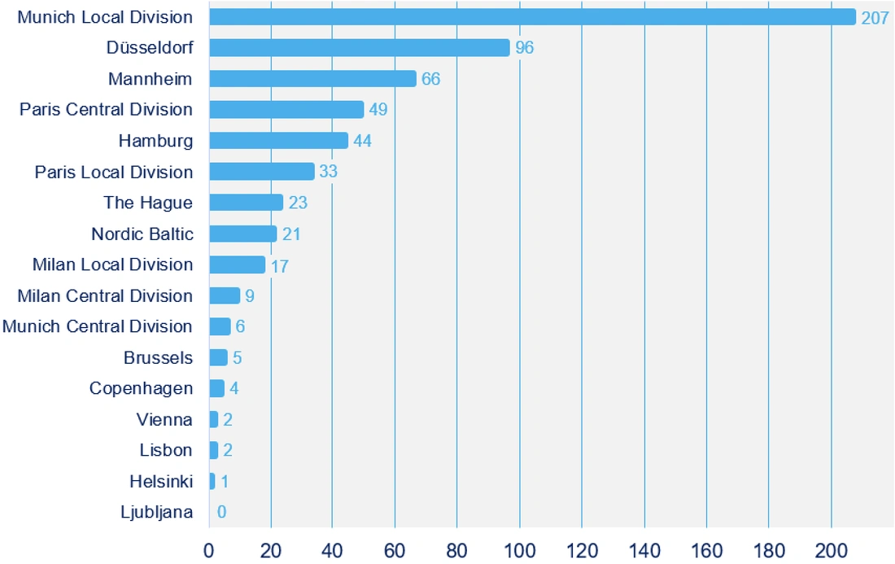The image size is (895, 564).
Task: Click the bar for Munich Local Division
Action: pos(533,17)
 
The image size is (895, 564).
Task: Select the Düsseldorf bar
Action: pos(359,47)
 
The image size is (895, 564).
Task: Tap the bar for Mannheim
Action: pos(312,79)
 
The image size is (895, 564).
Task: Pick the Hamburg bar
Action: pos(278,141)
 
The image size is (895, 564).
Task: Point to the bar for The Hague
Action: pos(246,202)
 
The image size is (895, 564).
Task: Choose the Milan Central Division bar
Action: pos(225,295)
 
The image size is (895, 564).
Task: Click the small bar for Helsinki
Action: pos(212,481)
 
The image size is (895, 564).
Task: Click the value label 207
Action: pos(875,18)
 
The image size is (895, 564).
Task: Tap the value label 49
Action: pos(378,110)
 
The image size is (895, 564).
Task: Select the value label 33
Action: pos(328,171)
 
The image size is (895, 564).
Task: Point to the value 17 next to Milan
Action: pos(280,266)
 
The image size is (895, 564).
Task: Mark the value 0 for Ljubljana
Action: pos(221,512)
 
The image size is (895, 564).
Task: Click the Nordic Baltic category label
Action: pos(142,234)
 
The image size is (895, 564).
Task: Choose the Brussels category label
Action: pos(158,358)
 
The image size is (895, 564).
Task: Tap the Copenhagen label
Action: pos(141,389)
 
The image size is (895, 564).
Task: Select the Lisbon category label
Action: pos(166,450)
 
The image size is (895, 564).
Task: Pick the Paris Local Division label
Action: pos(114,173)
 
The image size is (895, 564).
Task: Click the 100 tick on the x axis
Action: pos(519,551)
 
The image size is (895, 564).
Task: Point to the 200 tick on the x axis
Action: pos(831,551)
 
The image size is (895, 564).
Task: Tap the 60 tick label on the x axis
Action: pos(395,551)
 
